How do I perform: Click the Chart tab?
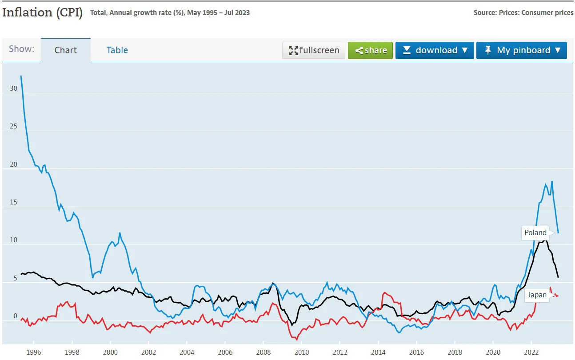pos(66,50)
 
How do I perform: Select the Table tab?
pos(117,50)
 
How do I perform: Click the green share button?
pos(370,50)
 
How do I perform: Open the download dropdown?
pos(435,50)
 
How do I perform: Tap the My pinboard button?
pos(521,50)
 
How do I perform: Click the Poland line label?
pos(535,233)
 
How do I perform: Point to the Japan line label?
pos(537,295)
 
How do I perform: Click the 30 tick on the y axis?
pos(13,88)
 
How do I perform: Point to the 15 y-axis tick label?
pos(13,202)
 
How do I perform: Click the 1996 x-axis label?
pos(34,352)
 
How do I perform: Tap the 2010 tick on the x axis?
pos(302,352)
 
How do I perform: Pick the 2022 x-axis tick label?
pos(531,352)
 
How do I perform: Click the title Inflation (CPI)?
pos(42,12)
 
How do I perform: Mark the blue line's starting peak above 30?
pos(21,76)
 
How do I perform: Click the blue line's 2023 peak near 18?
pos(552,181)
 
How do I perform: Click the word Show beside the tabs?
pos(21,49)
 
